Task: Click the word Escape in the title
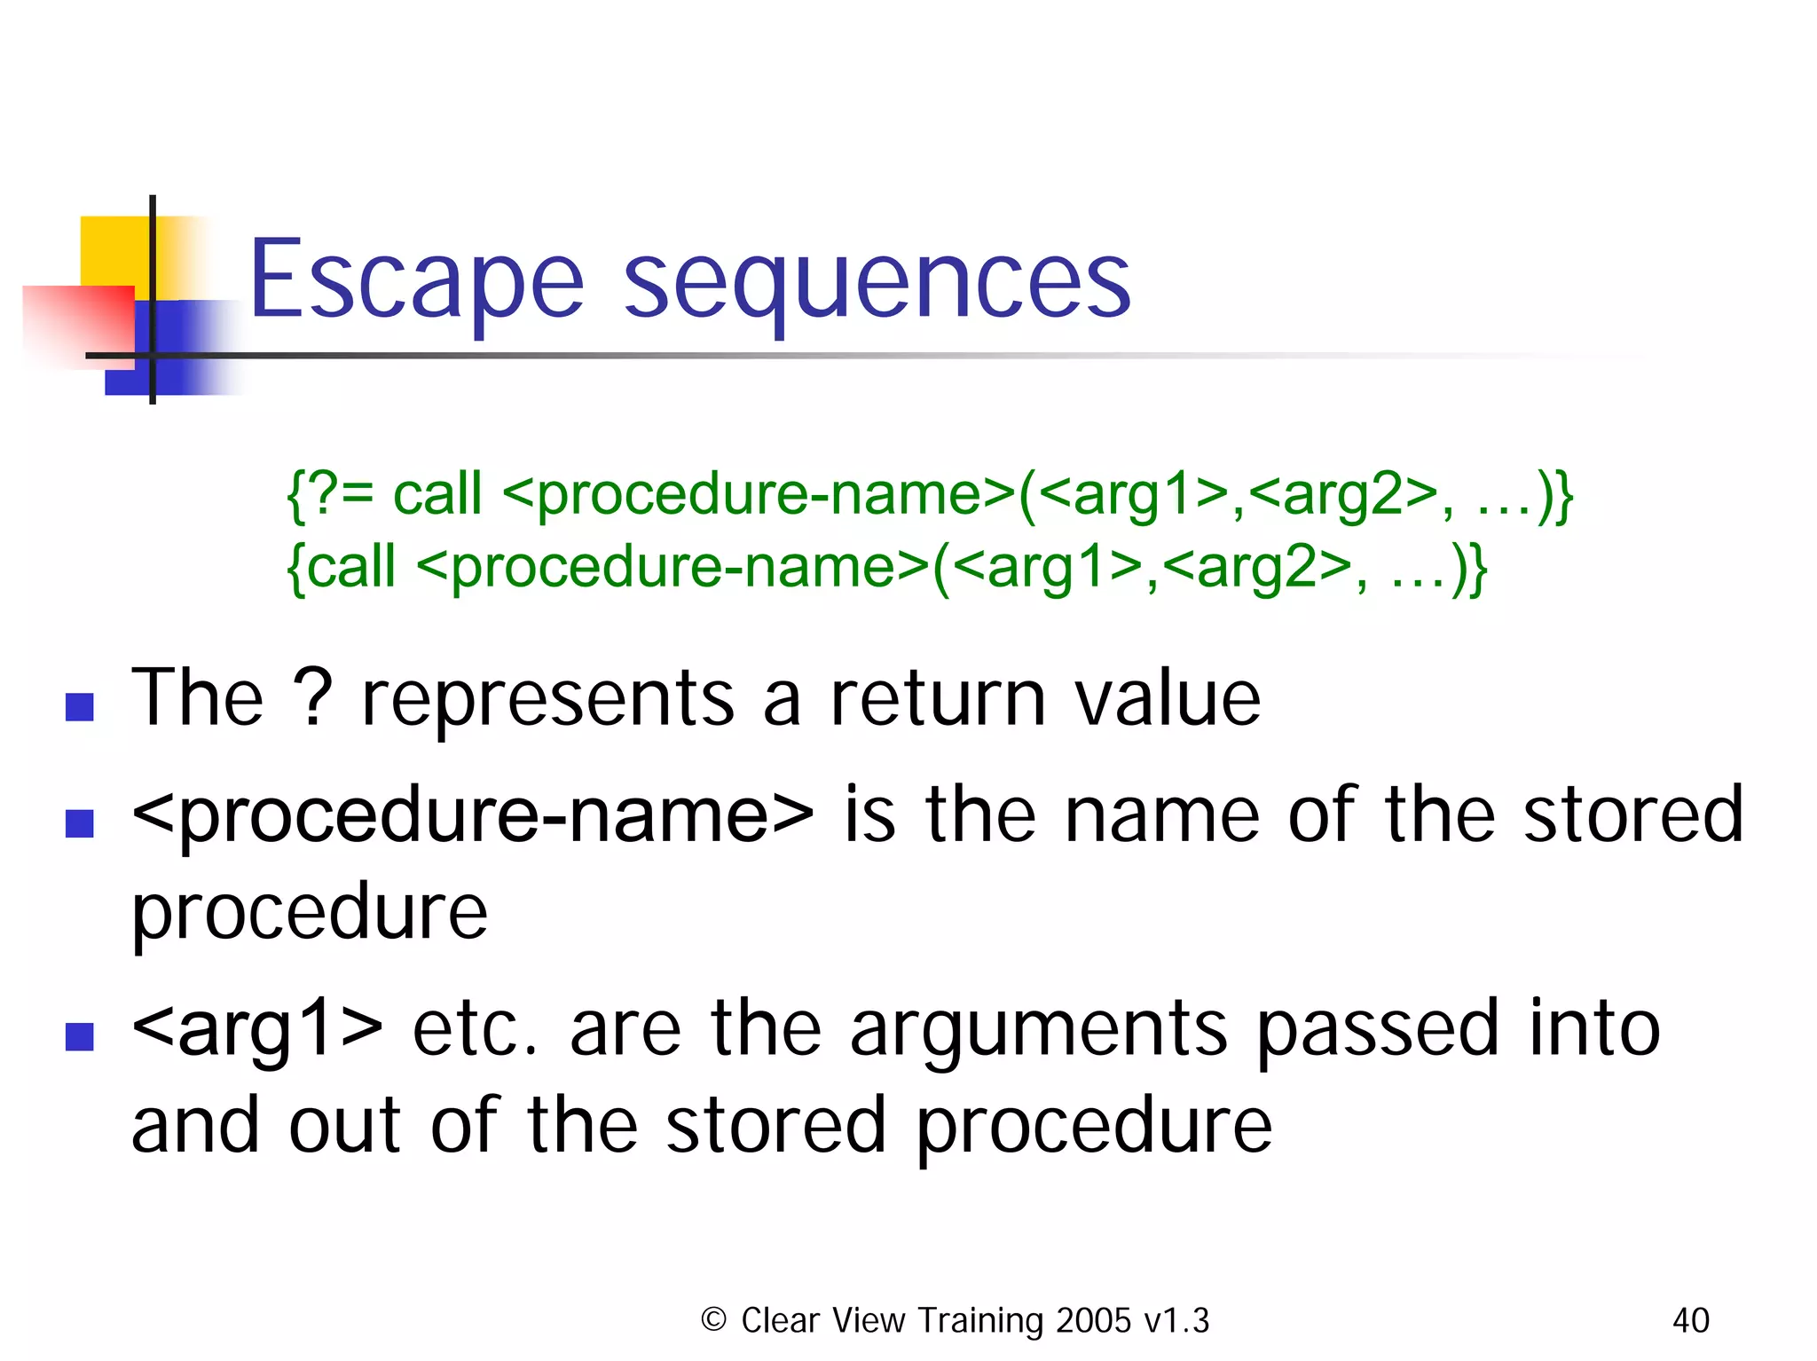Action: pyautogui.click(x=416, y=279)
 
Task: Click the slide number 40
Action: pyautogui.click(x=1690, y=1320)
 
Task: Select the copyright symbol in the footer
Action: pyautogui.click(x=713, y=1319)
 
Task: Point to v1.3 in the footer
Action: pyautogui.click(x=1176, y=1320)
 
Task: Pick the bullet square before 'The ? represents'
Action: pyautogui.click(x=80, y=706)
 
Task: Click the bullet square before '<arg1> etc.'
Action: pyautogui.click(x=80, y=1035)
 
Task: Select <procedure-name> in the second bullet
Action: pyautogui.click(x=472, y=814)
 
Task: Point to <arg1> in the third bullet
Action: pyautogui.click(x=257, y=1028)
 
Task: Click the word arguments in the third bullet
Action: pyautogui.click(x=1039, y=1029)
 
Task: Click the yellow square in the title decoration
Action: pyautogui.click(x=113, y=249)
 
